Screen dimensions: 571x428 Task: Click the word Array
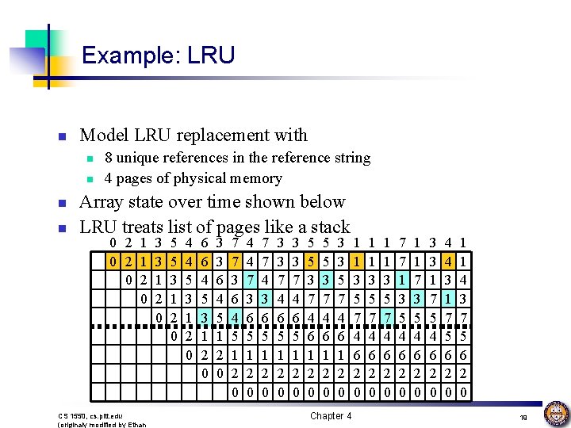click(x=104, y=201)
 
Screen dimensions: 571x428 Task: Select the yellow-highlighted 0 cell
click(x=115, y=259)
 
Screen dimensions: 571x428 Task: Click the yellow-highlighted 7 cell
click(x=236, y=259)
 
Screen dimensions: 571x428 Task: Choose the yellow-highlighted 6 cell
click(x=205, y=259)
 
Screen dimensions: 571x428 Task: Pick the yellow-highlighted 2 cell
click(x=129, y=259)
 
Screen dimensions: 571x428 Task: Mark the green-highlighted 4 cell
click(x=236, y=317)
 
